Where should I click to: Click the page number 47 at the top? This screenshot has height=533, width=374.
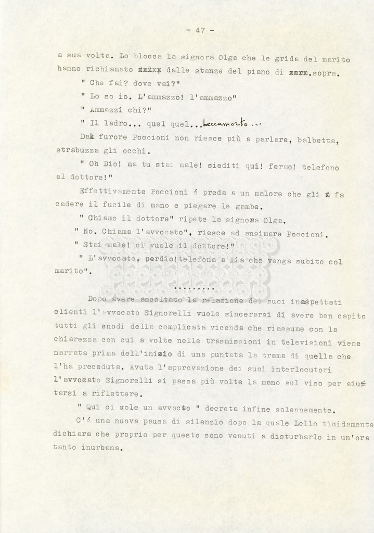200,30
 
